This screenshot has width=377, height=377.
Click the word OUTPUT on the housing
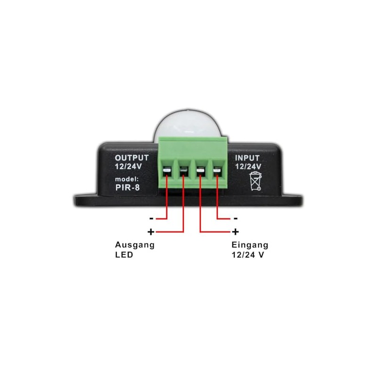(x=132, y=158)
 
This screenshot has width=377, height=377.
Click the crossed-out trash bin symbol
(x=255, y=181)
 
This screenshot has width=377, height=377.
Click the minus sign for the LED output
(x=151, y=219)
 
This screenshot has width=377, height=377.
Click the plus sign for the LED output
(x=151, y=232)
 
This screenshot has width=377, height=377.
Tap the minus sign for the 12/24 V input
(x=235, y=219)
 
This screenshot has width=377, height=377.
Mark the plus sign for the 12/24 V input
(x=235, y=232)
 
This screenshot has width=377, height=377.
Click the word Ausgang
(x=135, y=246)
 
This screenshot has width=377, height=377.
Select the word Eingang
(x=250, y=245)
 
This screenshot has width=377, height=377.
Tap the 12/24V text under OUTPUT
(x=128, y=166)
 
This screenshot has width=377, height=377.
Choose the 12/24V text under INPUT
(x=248, y=166)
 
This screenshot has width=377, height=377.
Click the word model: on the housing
(x=127, y=180)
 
